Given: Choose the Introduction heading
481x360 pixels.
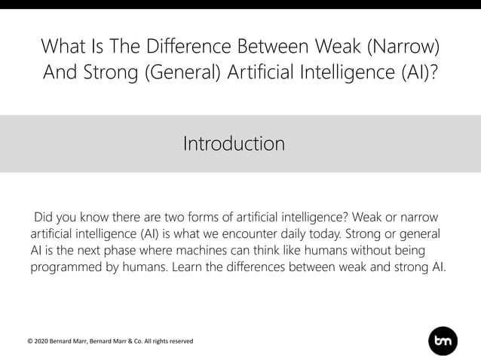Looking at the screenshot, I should [x=234, y=143].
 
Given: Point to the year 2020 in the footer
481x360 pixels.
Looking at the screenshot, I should [x=44, y=341].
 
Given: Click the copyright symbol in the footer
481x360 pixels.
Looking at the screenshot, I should [x=30, y=341].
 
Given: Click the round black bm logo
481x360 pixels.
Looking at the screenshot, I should [x=443, y=340].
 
